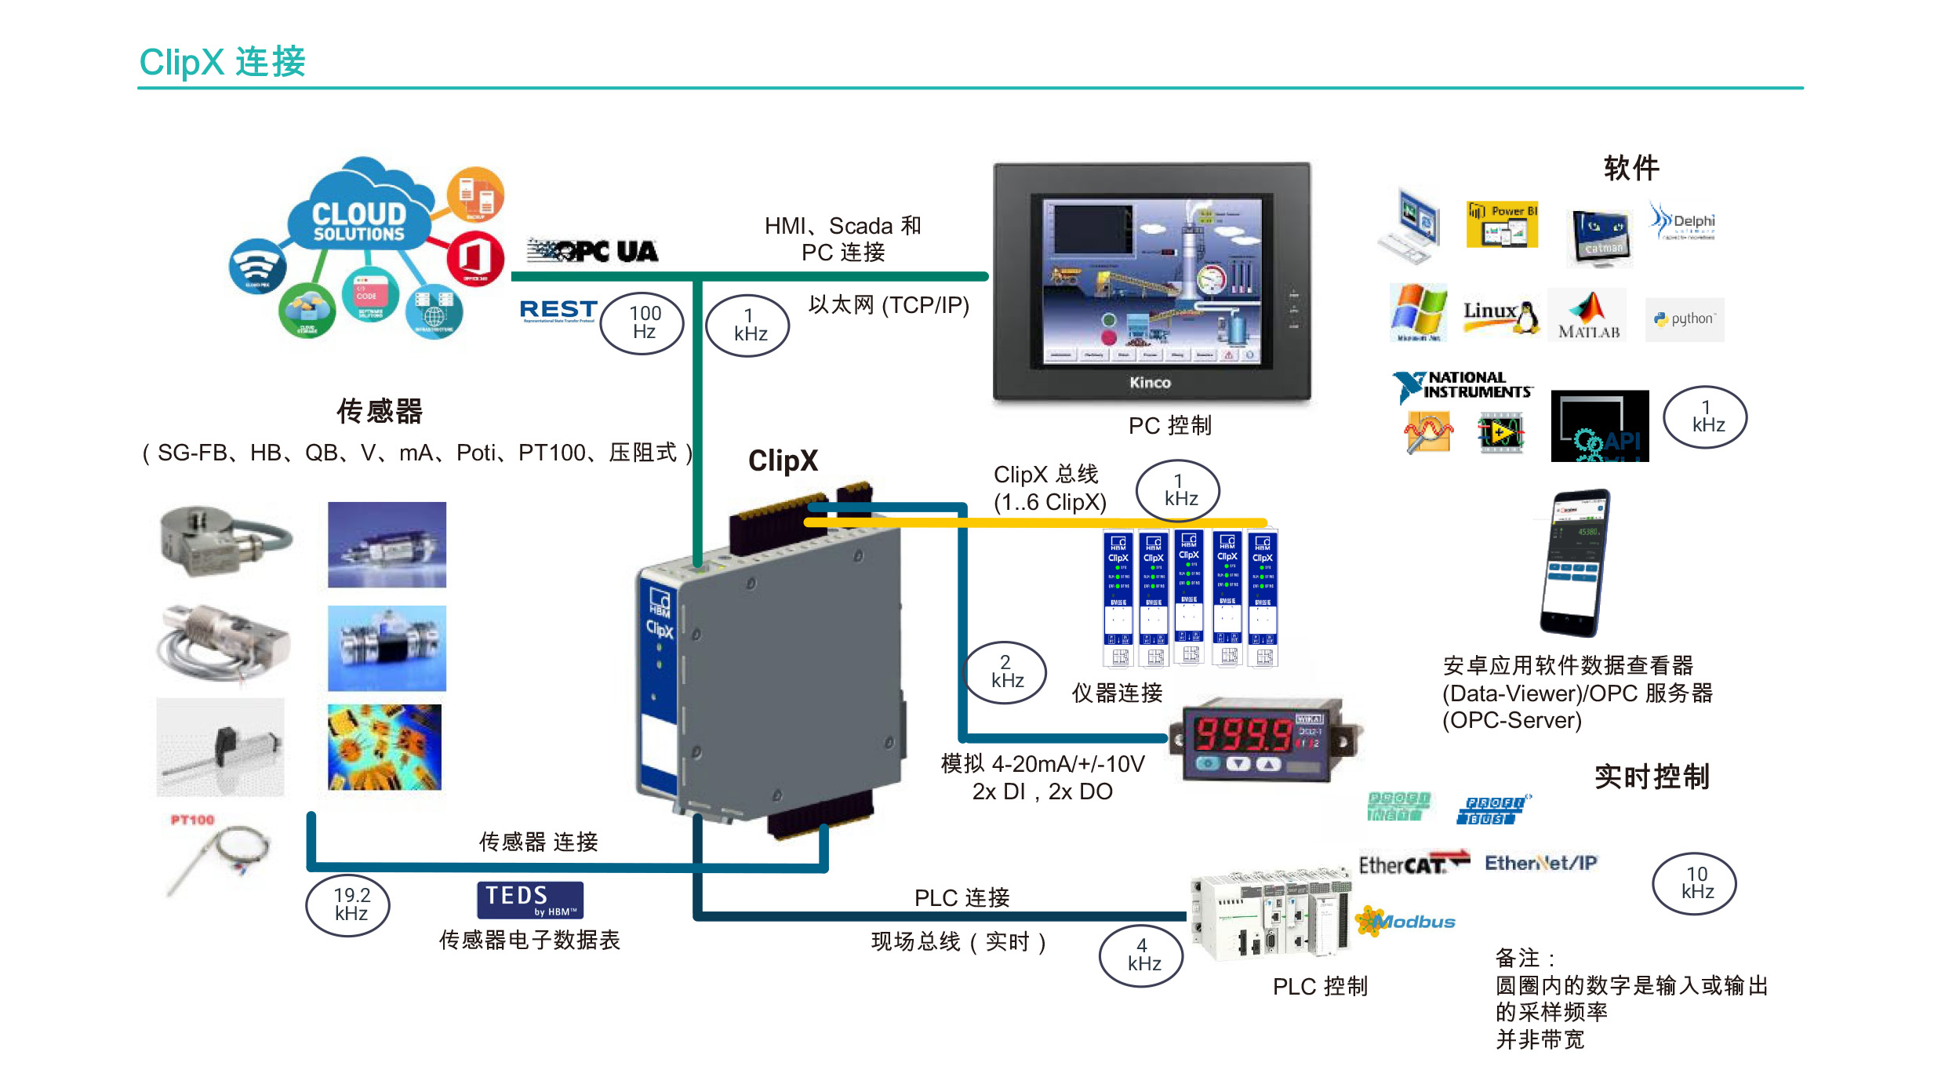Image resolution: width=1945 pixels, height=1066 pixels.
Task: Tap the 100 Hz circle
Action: point(642,322)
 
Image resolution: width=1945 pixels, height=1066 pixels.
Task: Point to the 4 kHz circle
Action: point(1142,955)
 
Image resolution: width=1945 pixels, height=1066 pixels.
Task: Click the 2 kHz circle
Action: point(1005,671)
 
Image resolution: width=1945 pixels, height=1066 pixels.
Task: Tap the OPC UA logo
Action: point(593,251)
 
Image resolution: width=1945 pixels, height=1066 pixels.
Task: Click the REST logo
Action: point(558,311)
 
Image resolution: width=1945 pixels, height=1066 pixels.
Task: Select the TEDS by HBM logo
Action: point(530,900)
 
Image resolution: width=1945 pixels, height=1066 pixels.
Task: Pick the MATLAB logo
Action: point(1588,315)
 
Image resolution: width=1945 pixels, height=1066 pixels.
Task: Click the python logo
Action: point(1685,319)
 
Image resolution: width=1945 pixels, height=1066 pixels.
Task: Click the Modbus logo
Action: point(1407,921)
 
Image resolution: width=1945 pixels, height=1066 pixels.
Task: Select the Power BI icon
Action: point(1502,225)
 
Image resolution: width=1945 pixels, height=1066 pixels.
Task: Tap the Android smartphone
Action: point(1575,562)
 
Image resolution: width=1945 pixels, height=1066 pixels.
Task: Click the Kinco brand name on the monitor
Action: point(1151,383)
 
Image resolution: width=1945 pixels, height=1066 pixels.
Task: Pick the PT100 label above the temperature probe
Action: point(192,820)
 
